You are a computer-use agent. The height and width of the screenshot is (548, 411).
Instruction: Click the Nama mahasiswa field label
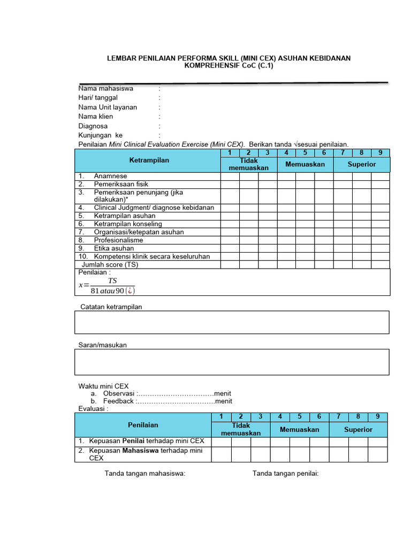point(106,88)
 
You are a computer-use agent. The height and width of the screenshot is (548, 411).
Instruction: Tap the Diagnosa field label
point(94,126)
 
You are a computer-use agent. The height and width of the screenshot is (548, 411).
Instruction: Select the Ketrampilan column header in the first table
point(149,161)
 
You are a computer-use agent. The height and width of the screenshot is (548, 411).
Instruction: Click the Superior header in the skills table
point(362,164)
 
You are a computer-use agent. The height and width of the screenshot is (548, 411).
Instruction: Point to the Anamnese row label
point(110,176)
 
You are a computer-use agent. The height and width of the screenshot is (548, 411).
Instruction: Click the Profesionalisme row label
point(118,240)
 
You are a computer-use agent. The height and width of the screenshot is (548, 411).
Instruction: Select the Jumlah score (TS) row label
point(109,264)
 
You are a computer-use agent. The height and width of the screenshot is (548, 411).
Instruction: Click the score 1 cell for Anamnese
point(230,176)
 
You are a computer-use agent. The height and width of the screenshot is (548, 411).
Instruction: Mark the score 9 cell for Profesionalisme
point(380,240)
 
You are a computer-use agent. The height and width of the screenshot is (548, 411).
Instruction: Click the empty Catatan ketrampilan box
point(232,322)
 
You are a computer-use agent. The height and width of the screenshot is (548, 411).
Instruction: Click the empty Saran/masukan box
point(232,362)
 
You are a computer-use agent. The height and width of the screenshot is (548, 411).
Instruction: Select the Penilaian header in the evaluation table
point(143,425)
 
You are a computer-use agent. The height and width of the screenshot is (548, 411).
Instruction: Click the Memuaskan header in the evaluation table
point(299,430)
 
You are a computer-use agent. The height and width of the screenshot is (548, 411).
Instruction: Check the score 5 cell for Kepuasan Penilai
point(300,442)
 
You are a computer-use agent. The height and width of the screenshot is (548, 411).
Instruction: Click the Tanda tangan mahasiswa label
point(144,473)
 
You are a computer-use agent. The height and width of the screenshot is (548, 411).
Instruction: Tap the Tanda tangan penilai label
point(285,473)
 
